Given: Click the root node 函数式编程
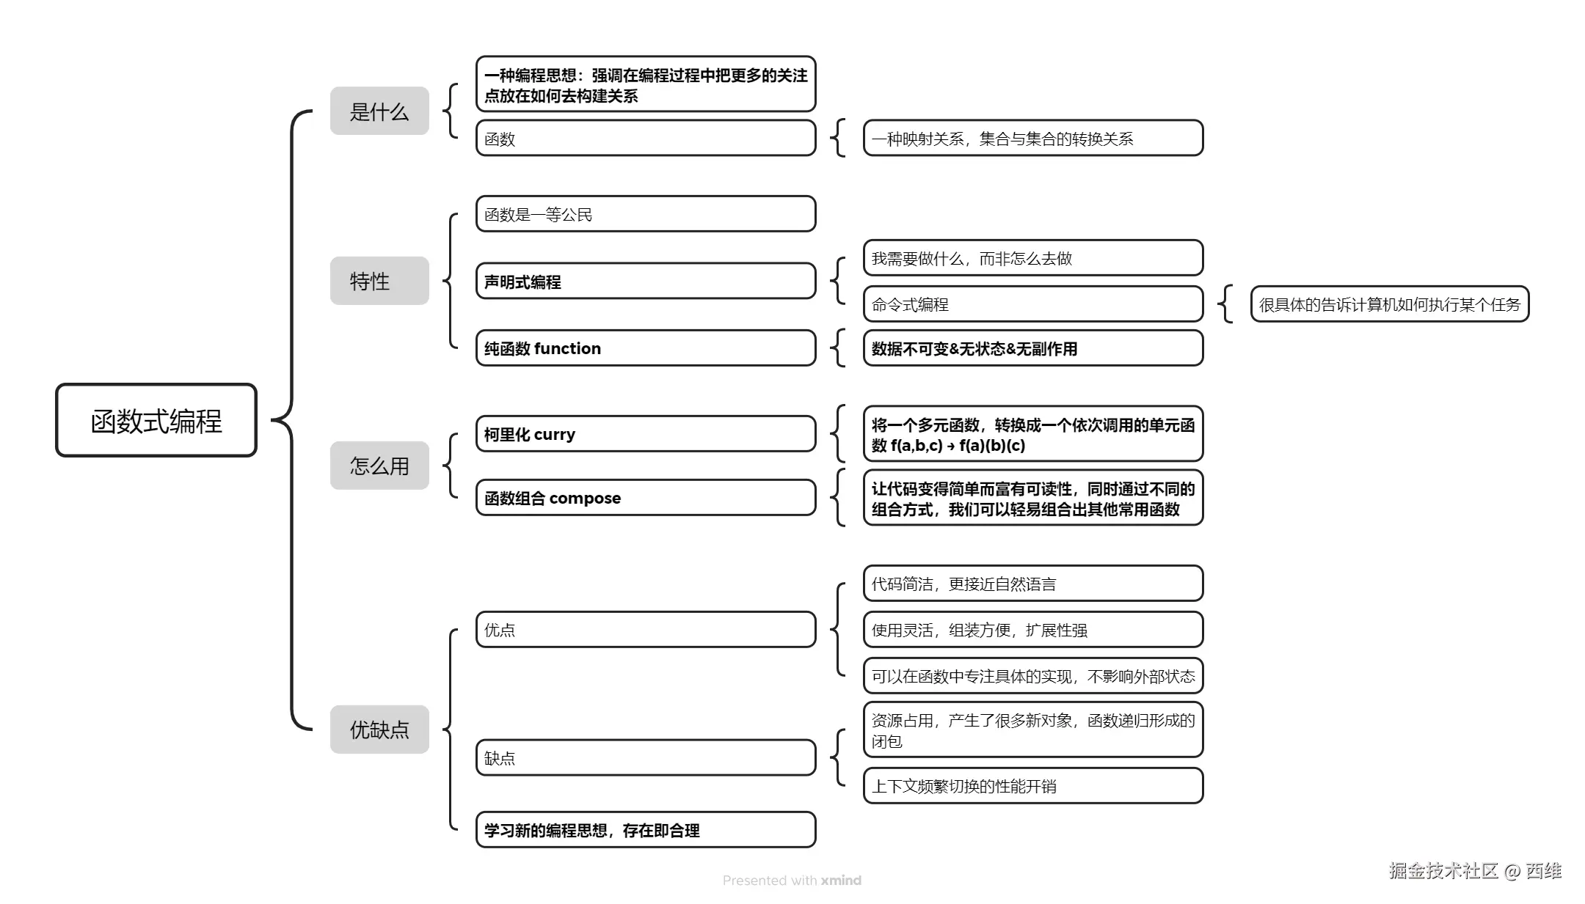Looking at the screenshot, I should click(156, 420).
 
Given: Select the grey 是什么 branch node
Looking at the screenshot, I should click(379, 111).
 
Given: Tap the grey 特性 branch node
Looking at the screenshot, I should click(379, 281).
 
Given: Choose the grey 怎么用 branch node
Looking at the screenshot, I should click(379, 466).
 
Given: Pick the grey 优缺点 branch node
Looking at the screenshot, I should click(379, 730).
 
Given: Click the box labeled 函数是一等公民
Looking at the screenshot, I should click(646, 214).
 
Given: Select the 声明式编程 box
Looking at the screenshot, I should click(646, 282).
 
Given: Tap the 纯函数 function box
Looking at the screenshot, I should click(646, 348).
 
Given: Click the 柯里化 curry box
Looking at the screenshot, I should click(646, 434).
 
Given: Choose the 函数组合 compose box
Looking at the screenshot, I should click(646, 498).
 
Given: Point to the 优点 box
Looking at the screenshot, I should click(646, 630).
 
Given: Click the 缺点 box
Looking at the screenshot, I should click(646, 758).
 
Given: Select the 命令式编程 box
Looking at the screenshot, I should click(1033, 304).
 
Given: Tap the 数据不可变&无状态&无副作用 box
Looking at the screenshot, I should click(1033, 348).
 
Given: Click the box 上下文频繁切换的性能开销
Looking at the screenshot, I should click(1033, 786).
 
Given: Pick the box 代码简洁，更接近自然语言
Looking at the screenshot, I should click(1033, 584).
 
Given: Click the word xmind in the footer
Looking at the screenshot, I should click(841, 881).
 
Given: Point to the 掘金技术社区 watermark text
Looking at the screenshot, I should click(1443, 870).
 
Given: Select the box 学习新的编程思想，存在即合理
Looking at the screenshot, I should click(646, 830).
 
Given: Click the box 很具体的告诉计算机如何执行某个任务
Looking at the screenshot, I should click(1390, 304).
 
